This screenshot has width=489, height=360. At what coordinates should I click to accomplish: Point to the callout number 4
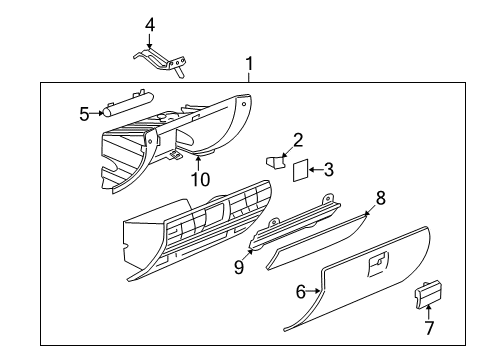point(149,24)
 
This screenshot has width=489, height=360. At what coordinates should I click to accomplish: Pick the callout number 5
point(84,113)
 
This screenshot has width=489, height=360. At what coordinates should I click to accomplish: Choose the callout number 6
point(300,293)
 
